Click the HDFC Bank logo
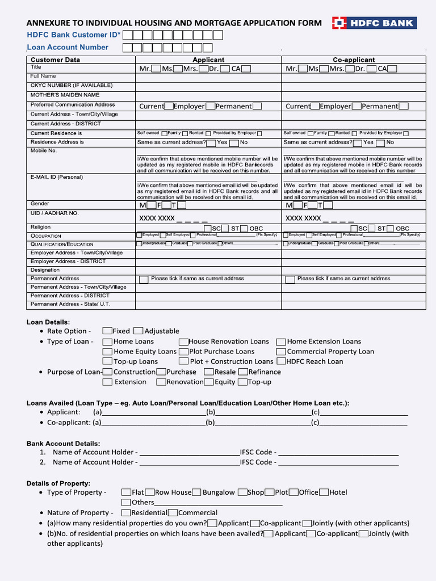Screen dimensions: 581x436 [374, 23]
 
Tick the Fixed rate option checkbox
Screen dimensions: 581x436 [107, 331]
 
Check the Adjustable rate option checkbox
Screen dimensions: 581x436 [139, 331]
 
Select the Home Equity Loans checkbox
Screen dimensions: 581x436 [107, 351]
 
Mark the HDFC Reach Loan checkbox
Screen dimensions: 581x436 [281, 361]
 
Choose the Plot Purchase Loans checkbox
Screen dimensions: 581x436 [183, 351]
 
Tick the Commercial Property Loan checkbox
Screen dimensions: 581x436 [281, 351]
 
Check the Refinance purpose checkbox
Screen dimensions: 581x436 [243, 372]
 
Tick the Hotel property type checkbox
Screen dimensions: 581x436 [324, 492]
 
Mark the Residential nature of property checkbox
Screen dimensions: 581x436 [126, 512]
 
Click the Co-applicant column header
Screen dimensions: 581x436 [353, 60]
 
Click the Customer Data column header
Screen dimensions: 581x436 [55, 60]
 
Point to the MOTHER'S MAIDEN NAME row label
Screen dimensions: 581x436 [65, 95]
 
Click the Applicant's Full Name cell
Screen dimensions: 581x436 [208, 77]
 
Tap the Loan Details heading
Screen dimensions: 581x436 [48, 322]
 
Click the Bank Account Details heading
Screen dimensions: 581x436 [63, 443]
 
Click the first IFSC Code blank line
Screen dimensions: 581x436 [338, 452]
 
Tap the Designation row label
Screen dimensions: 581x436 [45, 270]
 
